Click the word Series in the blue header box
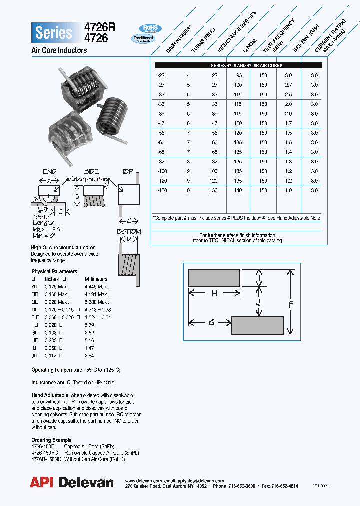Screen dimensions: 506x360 (x=54, y=33)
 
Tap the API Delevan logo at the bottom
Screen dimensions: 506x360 (x=72, y=482)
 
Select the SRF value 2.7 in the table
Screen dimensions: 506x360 (x=288, y=85)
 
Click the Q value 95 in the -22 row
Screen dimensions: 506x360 (x=238, y=75)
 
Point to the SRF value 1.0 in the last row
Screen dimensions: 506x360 (x=288, y=191)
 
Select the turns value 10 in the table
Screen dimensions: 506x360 (x=188, y=191)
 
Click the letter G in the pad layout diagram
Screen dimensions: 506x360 (x=211, y=323)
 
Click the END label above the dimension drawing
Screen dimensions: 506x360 (x=49, y=171)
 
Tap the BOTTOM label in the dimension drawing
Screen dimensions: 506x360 (x=129, y=232)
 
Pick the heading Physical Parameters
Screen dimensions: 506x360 (x=54, y=271)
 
